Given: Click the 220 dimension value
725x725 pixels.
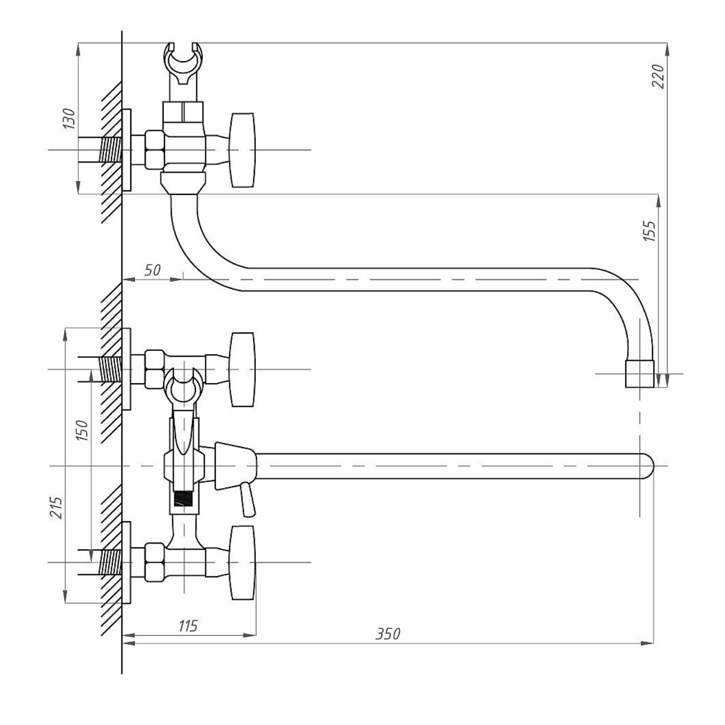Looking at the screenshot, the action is tap(658, 76).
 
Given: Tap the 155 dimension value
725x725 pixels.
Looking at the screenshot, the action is tap(649, 231).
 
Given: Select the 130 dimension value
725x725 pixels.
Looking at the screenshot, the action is tap(69, 119).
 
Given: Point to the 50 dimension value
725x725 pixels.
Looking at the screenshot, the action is tap(152, 270).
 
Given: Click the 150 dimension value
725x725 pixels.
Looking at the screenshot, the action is tap(82, 430).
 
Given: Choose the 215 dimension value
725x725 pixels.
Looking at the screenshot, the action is tap(56, 507).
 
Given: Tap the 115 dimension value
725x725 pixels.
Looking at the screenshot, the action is tap(188, 626).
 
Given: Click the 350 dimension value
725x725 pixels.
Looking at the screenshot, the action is tap(388, 633).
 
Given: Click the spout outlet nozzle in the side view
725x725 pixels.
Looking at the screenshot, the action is tap(640, 374).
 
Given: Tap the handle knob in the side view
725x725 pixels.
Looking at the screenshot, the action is tap(242, 150).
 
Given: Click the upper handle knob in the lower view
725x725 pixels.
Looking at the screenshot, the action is tap(242, 369).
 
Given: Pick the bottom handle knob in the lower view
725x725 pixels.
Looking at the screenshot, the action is tap(242, 562).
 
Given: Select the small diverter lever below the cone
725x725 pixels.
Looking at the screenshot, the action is tap(247, 499).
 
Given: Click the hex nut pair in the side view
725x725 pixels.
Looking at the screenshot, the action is tap(155, 150).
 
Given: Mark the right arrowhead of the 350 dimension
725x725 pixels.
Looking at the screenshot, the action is tap(648, 643).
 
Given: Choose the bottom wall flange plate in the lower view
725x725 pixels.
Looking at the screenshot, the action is tap(126, 562).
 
